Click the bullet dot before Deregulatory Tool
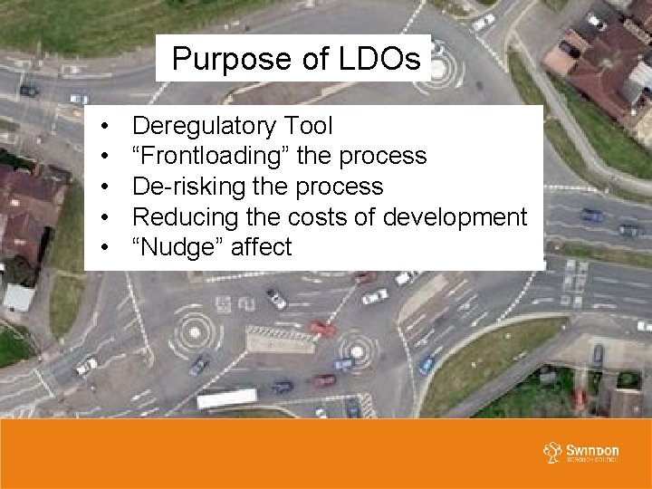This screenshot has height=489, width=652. coord(106,126)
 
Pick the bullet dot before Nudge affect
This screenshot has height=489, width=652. coord(106,247)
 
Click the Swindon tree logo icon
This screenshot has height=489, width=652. coord(551,451)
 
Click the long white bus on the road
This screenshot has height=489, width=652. coord(227,398)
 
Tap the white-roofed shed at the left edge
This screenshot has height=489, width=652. coord(18,296)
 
